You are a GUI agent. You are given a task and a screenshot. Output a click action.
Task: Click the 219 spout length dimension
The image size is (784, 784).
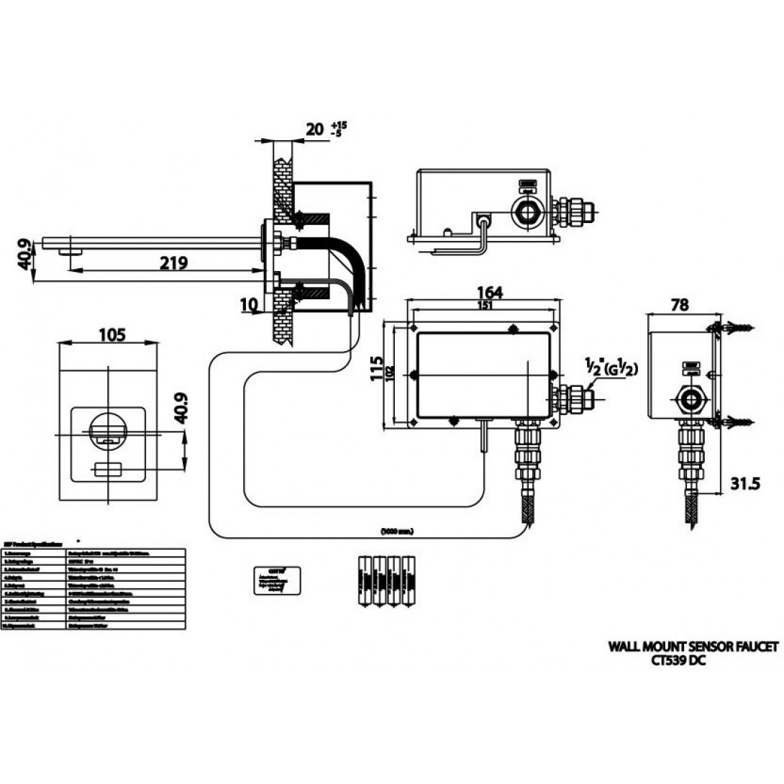[x=173, y=263]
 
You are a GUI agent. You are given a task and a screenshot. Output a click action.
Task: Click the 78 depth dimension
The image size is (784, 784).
[x=678, y=305]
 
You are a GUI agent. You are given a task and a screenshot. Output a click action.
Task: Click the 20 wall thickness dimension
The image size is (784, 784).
[x=315, y=129]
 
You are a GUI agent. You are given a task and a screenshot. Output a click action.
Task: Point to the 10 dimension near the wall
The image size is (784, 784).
[x=248, y=304]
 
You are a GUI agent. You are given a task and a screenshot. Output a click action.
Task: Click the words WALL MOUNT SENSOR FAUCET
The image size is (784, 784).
[x=693, y=647]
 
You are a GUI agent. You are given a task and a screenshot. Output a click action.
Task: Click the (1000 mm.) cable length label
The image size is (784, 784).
[x=397, y=532]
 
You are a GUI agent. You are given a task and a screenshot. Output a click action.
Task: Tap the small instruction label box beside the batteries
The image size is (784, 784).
[x=275, y=580]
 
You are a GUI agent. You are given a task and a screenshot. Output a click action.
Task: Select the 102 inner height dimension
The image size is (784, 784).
[x=389, y=374]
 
